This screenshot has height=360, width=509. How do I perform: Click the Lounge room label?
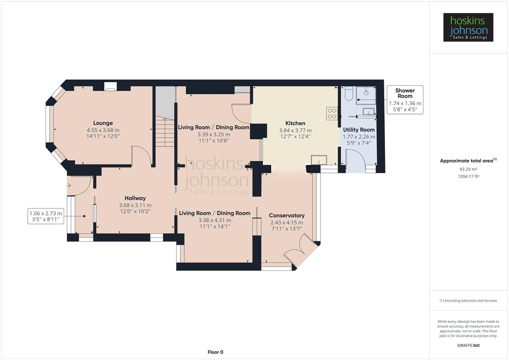click(x=103, y=123)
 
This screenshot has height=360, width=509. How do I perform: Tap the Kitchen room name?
click(x=295, y=123)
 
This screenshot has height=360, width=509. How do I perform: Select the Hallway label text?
click(x=135, y=198)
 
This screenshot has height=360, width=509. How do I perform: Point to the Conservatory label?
click(x=287, y=215)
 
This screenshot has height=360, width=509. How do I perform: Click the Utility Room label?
click(x=359, y=130)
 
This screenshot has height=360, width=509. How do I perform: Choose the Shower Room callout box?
click(x=405, y=100)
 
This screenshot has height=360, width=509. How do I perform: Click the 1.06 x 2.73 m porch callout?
click(x=46, y=216)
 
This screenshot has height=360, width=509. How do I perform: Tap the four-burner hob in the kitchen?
click(x=332, y=114)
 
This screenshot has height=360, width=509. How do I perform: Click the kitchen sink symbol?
click(x=319, y=160)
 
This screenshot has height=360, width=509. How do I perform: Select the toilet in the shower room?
click(x=349, y=94)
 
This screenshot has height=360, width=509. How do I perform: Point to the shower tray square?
click(x=366, y=93)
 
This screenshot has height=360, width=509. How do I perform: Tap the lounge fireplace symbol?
click(x=110, y=87)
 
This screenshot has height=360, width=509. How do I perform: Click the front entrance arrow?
click(x=69, y=185)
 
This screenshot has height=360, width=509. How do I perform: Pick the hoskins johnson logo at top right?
click(x=468, y=27)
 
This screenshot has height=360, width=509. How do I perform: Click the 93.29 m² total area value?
click(x=468, y=169)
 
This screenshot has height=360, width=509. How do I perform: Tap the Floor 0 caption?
click(x=215, y=352)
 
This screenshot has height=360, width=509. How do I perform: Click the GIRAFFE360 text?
click(x=468, y=345)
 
